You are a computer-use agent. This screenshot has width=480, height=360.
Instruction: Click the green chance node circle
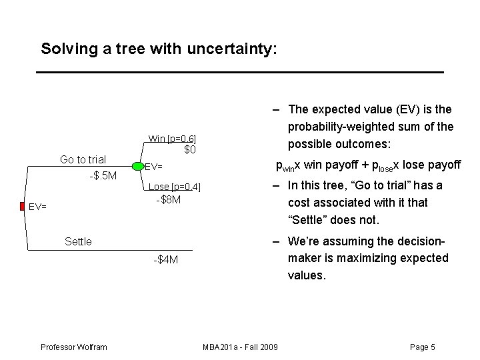(137, 166)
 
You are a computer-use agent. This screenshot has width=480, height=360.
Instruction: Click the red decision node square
(22, 206)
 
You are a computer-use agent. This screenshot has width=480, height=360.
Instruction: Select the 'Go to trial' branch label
(83, 159)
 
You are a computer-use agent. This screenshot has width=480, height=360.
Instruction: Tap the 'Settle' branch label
(78, 241)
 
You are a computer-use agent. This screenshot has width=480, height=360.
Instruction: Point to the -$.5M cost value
(103, 175)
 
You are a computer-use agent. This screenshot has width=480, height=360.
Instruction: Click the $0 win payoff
(190, 150)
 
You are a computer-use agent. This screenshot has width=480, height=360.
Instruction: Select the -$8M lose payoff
(168, 199)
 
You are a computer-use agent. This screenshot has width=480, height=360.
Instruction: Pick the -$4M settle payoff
(165, 259)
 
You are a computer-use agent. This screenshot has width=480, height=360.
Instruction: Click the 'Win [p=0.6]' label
(172, 139)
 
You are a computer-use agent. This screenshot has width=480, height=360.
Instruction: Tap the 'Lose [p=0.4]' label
(174, 187)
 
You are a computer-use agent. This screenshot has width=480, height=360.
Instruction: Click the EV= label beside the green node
(154, 167)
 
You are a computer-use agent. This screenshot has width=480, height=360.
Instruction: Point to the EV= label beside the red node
(37, 207)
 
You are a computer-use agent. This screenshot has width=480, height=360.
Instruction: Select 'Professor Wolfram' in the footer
(73, 347)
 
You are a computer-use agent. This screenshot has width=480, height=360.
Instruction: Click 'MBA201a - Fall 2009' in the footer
(240, 347)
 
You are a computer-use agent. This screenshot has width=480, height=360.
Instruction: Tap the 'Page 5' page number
(423, 347)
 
